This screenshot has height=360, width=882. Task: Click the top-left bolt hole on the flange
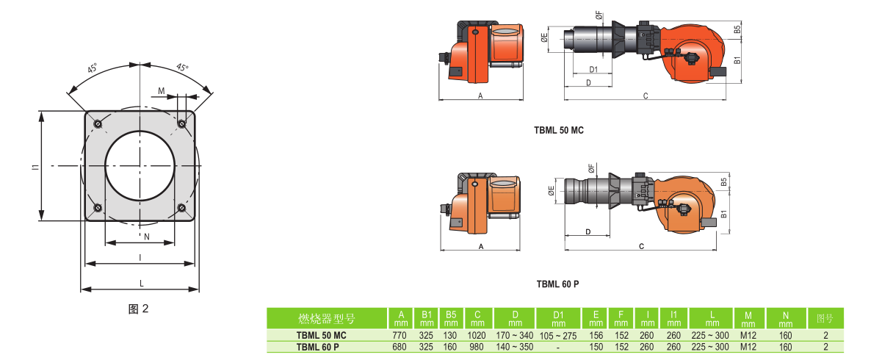coord(98,124)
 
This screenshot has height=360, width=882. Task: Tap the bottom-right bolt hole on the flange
coord(181,208)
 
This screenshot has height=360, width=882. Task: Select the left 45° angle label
coord(92,68)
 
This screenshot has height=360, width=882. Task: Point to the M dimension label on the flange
coord(162,91)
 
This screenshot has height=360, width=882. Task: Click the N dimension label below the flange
coord(147,237)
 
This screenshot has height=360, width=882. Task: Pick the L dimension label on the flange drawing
coord(142,283)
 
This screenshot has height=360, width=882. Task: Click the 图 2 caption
coord(138,309)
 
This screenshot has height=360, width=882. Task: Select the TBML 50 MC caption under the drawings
coord(559,130)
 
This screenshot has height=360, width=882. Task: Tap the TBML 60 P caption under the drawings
coord(557,284)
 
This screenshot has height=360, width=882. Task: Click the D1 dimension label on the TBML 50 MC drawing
coord(593,69)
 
